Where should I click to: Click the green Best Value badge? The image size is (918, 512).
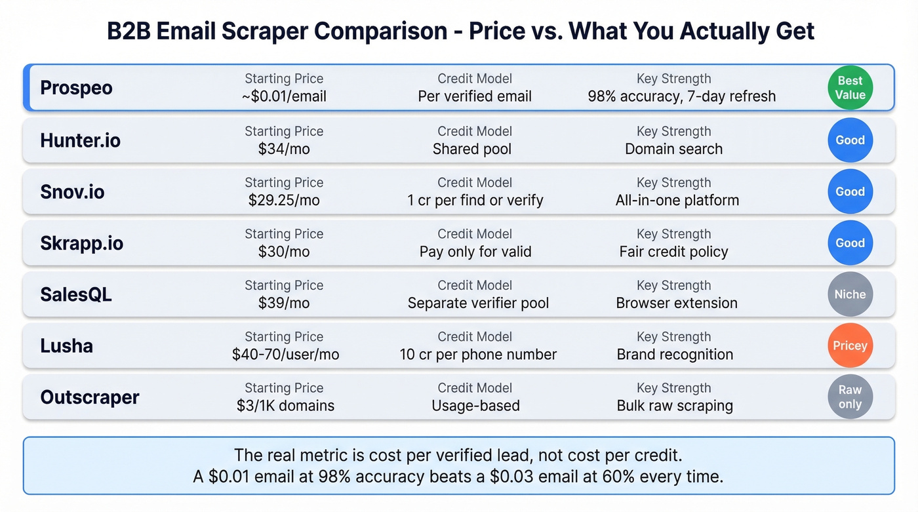(x=850, y=88)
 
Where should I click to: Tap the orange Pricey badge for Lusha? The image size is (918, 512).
(x=850, y=345)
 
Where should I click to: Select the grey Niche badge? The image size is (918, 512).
(x=850, y=294)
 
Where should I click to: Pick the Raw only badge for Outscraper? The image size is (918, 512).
(x=850, y=397)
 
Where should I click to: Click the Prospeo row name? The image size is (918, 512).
(x=76, y=88)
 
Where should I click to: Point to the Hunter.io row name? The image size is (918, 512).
(x=80, y=140)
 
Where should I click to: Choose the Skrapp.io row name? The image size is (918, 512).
(x=81, y=243)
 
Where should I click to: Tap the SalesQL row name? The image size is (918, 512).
(x=76, y=294)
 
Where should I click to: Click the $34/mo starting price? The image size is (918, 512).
(x=284, y=149)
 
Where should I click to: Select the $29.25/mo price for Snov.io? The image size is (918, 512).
(x=284, y=200)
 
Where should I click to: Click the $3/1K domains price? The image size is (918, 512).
(x=285, y=406)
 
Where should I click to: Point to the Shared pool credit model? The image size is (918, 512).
(x=472, y=149)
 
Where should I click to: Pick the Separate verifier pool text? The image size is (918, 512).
(x=478, y=304)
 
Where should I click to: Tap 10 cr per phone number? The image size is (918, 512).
(x=478, y=355)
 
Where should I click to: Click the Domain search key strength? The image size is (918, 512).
(x=673, y=149)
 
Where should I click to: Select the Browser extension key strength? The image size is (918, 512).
(x=677, y=304)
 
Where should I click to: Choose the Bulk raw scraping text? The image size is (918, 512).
(x=675, y=406)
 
